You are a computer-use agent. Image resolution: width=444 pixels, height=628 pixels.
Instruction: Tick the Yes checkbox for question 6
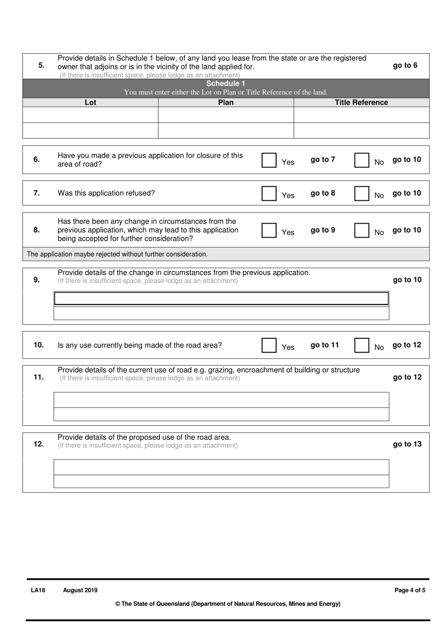[269, 160]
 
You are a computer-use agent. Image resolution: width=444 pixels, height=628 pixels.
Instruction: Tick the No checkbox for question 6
[361, 160]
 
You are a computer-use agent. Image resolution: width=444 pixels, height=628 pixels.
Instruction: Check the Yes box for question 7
[269, 194]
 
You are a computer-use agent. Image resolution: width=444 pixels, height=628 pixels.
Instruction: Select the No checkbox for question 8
[361, 230]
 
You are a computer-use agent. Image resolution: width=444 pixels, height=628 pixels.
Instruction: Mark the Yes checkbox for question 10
[269, 345]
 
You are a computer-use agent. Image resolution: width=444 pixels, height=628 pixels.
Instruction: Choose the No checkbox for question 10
[361, 345]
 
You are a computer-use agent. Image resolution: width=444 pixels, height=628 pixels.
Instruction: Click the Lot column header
[90, 102]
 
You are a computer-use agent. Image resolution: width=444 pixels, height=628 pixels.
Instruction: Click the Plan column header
[226, 102]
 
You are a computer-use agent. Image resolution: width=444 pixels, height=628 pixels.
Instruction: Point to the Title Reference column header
[361, 102]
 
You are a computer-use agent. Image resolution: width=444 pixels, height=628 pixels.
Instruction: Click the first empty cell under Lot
[90, 115]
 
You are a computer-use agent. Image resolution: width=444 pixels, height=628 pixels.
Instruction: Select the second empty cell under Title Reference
[361, 131]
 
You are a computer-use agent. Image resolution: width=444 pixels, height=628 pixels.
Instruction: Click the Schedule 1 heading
[226, 84]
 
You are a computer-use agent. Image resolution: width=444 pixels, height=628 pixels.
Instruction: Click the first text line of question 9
[221, 299]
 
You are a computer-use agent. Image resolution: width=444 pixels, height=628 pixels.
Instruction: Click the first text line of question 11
[221, 400]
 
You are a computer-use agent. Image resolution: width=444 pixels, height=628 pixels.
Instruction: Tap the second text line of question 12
[221, 482]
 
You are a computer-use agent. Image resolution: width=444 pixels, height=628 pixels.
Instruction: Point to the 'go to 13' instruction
[407, 444]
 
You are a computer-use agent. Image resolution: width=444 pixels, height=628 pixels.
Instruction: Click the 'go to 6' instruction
[405, 66]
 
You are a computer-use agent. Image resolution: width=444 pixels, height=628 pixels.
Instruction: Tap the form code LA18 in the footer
[38, 591]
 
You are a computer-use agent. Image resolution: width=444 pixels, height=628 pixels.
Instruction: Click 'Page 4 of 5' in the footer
[409, 591]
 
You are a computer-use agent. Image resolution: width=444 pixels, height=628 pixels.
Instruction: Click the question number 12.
[38, 444]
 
